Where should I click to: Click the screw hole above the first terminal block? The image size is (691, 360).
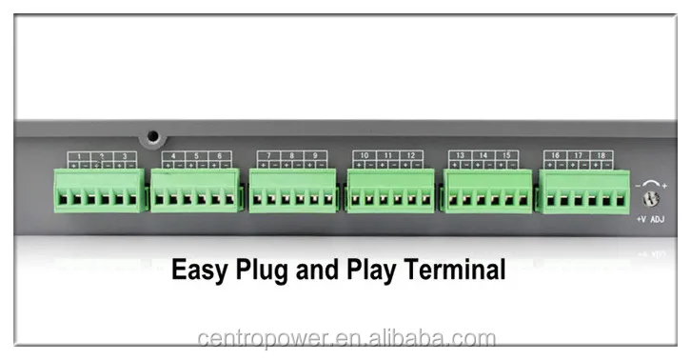tap(150, 136)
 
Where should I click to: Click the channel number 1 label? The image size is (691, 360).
tap(78, 156)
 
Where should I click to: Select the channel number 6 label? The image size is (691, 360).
tap(219, 155)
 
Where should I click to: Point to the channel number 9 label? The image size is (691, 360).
tap(314, 155)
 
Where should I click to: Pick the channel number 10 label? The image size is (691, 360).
tap(365, 155)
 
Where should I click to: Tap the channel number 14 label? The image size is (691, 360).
tap(484, 155)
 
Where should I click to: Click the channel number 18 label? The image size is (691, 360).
tap(601, 155)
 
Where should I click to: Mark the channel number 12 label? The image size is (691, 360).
tap(410, 155)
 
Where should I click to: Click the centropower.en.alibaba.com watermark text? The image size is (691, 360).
tap(346, 338)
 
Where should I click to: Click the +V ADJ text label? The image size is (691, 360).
tap(651, 219)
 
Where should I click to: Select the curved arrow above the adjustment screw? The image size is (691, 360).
tap(652, 183)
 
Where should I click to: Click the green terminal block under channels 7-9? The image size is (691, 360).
tap(293, 191)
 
